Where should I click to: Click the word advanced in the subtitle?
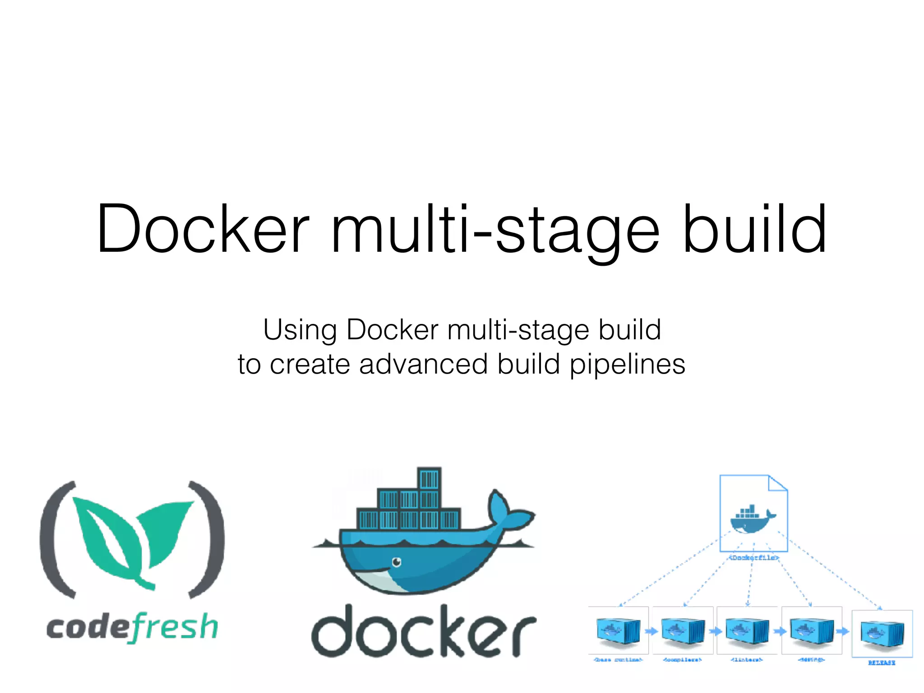(423, 365)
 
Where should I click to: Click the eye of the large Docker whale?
(397, 562)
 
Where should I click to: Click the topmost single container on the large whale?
(429, 479)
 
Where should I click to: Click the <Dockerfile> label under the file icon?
(753, 558)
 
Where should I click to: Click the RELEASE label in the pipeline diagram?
(882, 663)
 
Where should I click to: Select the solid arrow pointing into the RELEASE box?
(842, 631)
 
